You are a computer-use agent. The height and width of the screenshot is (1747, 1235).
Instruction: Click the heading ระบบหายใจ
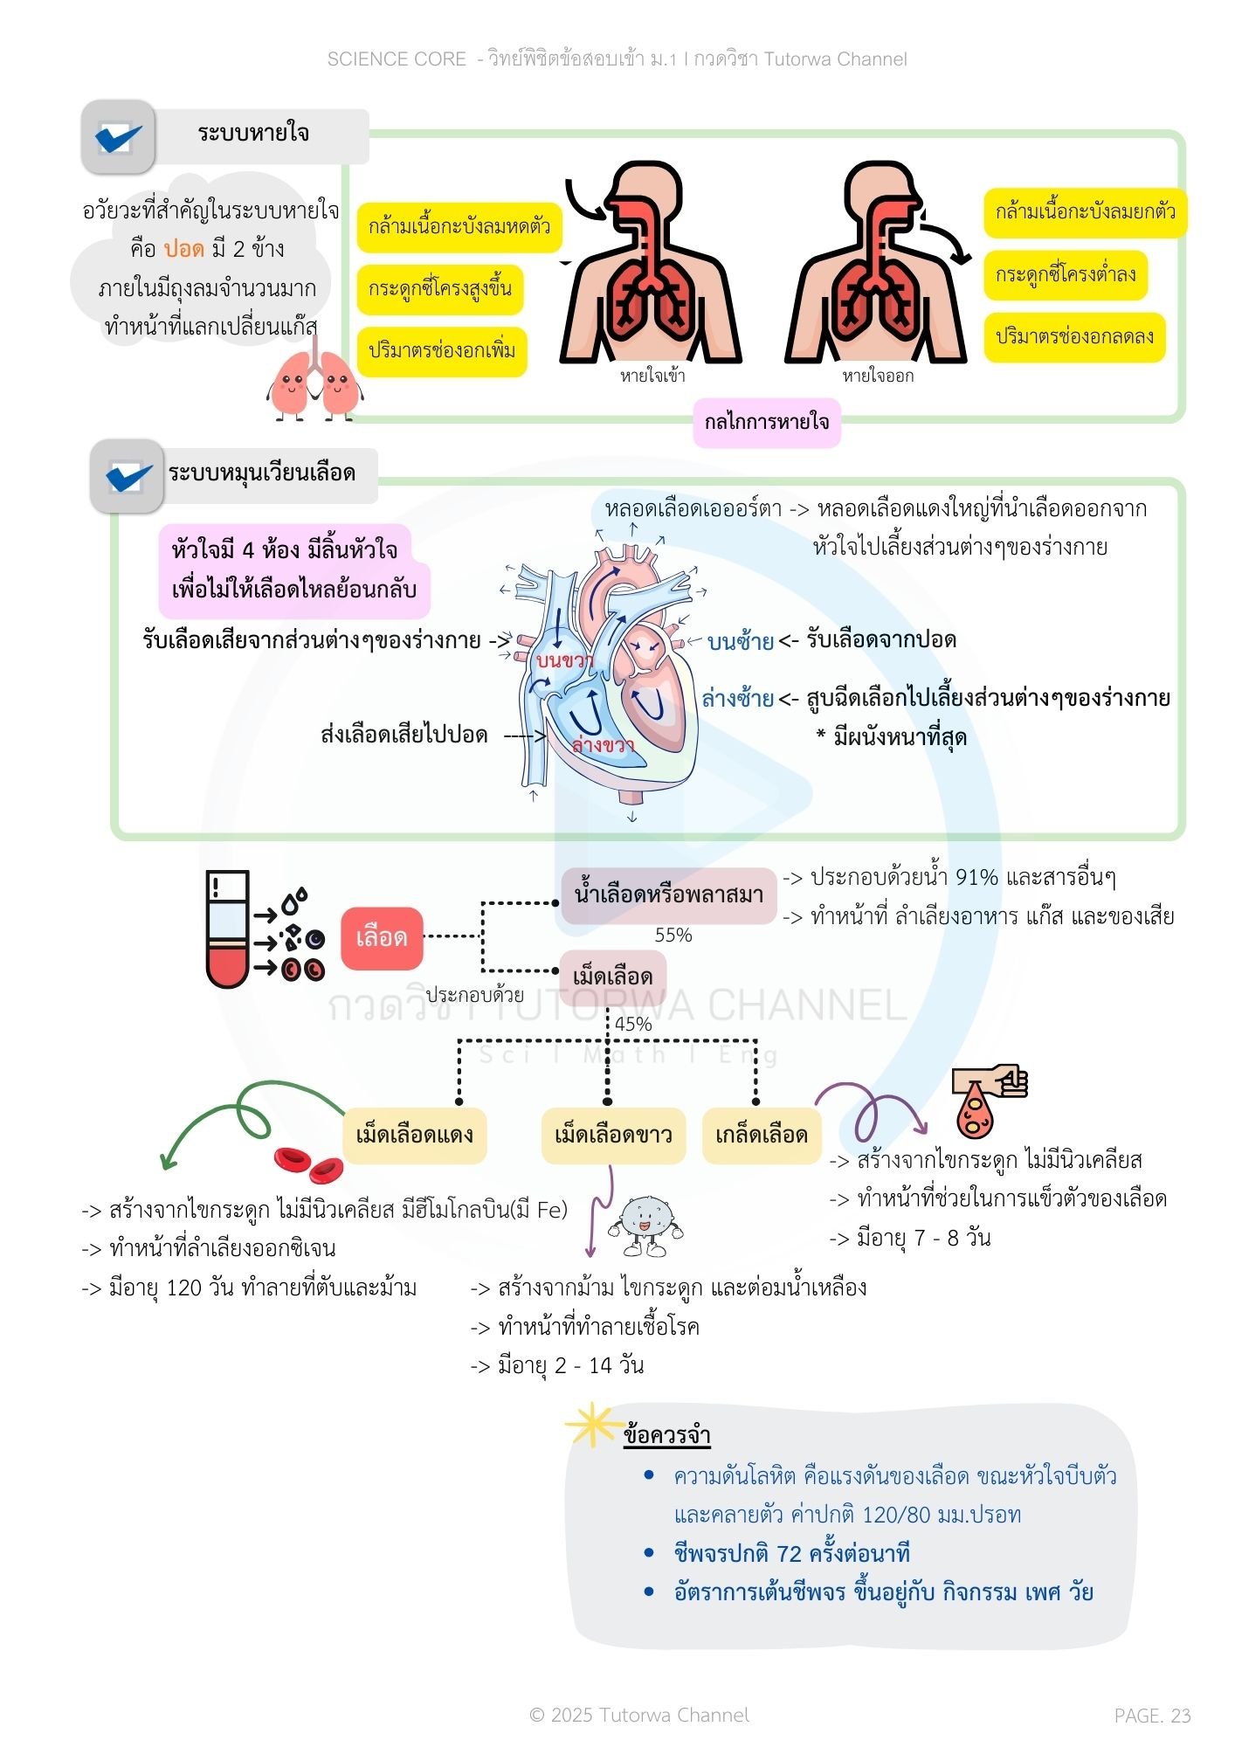click(x=252, y=134)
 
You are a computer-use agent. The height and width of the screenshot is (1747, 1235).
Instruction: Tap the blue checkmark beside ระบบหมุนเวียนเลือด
click(x=128, y=476)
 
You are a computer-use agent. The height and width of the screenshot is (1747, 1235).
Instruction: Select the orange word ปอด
click(x=183, y=249)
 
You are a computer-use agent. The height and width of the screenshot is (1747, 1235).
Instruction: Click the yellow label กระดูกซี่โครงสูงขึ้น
click(x=440, y=289)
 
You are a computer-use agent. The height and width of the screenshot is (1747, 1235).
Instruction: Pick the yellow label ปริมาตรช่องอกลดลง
click(x=1074, y=337)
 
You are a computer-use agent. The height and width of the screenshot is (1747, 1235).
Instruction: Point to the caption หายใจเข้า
click(x=652, y=376)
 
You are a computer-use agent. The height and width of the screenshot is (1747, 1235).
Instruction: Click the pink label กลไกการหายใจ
click(x=767, y=423)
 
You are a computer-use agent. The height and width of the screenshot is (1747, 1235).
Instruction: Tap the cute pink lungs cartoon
click(x=314, y=385)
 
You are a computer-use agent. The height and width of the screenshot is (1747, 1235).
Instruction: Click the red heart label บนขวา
click(x=564, y=660)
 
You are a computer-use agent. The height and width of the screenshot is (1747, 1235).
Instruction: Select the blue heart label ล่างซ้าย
click(x=738, y=699)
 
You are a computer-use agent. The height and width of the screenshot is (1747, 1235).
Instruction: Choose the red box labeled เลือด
click(x=382, y=938)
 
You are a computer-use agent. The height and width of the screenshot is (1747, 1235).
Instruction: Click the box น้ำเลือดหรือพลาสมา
click(x=669, y=895)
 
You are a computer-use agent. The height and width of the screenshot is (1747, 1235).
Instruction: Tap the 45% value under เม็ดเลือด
click(x=633, y=1024)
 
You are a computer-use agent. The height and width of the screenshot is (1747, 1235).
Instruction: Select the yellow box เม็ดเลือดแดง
click(x=414, y=1136)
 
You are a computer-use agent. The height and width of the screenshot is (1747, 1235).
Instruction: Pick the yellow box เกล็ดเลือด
click(x=762, y=1136)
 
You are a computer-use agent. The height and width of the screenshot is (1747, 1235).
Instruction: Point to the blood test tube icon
click(x=228, y=929)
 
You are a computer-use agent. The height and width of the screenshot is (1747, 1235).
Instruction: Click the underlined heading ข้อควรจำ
click(x=666, y=1436)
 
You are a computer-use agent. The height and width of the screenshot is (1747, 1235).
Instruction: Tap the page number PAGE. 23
click(x=1152, y=1716)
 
